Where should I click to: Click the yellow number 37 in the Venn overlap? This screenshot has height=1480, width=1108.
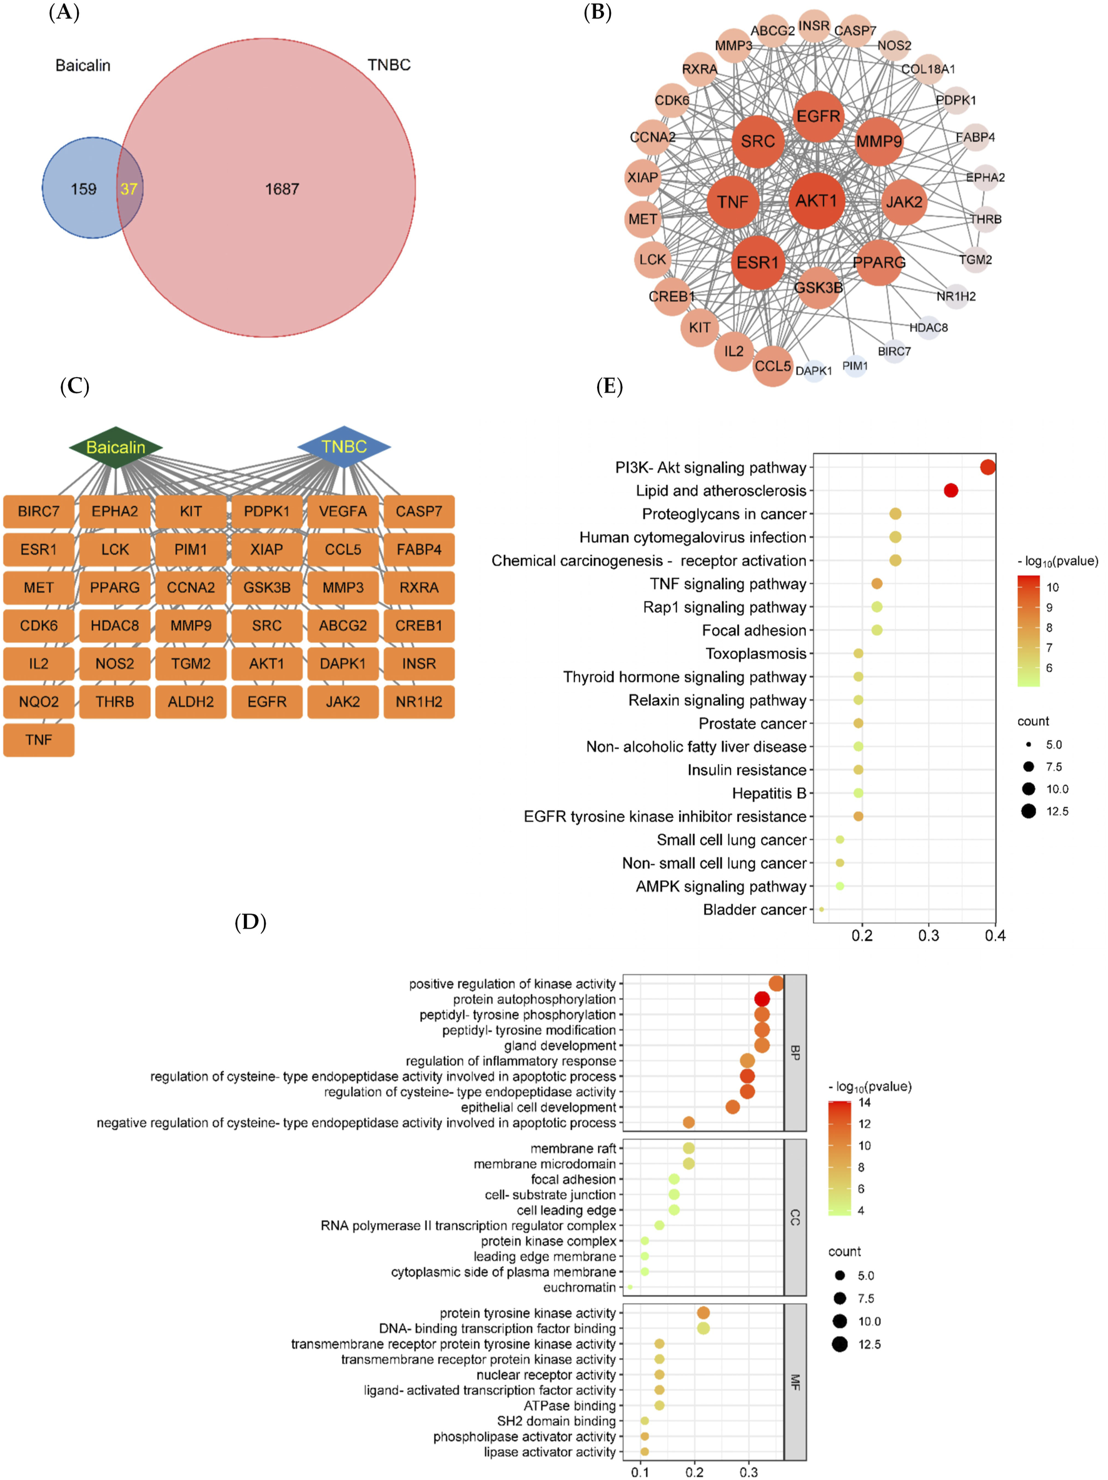(x=128, y=189)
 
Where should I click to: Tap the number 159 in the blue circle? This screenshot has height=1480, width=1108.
(x=84, y=189)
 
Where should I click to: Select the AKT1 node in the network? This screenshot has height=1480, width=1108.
(x=816, y=201)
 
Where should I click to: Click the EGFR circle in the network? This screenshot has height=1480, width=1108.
(x=818, y=116)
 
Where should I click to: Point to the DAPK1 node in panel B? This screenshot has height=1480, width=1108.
(x=813, y=371)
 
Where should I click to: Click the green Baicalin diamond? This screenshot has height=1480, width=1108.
(x=116, y=447)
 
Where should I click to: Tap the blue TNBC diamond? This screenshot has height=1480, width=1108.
(x=344, y=446)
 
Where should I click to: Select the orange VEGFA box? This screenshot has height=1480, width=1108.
(x=343, y=512)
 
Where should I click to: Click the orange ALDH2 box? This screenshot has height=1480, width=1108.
(x=191, y=702)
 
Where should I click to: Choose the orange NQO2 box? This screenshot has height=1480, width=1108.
(x=39, y=702)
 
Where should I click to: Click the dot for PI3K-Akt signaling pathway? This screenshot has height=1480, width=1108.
(x=987, y=467)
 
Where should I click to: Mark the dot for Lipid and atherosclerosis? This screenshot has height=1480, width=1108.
(x=951, y=490)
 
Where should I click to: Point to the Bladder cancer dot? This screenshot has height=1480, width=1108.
(x=822, y=909)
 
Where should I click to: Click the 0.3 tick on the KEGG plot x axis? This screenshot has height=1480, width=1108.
(x=929, y=935)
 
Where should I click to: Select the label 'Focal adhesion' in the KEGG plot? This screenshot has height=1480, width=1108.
(x=754, y=630)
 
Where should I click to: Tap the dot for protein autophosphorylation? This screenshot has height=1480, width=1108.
(x=762, y=999)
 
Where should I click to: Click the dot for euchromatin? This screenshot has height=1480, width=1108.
(x=630, y=1287)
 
